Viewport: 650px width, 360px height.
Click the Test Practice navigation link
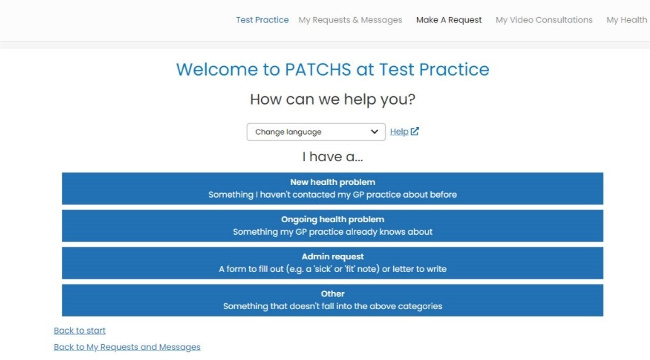[x=262, y=20]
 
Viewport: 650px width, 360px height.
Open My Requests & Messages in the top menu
[x=350, y=20]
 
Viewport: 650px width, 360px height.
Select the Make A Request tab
[x=449, y=20]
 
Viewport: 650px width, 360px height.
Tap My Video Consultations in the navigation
[x=544, y=20]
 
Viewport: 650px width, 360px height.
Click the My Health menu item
[x=627, y=20]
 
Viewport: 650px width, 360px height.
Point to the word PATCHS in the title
[x=318, y=69]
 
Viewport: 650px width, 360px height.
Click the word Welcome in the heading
[x=216, y=69]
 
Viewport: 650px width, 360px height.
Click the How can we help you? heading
[x=332, y=99]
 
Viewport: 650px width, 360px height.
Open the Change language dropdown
[x=316, y=132]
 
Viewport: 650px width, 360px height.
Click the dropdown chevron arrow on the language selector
[x=374, y=132]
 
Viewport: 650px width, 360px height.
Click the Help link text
[x=399, y=132]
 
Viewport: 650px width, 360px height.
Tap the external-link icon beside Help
[x=415, y=131]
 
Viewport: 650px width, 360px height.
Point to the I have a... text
[x=332, y=157]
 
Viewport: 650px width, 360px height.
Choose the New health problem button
[x=332, y=188]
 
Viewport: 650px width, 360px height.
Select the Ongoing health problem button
[x=332, y=225]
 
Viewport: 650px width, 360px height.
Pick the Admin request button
[x=332, y=263]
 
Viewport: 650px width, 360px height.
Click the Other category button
[x=332, y=300]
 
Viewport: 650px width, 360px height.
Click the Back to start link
[x=79, y=330]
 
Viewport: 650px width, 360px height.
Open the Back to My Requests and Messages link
[x=127, y=347]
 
